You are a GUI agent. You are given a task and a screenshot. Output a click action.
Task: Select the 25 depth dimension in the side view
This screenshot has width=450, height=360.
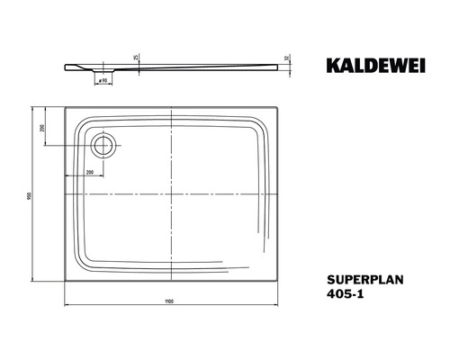tap(134, 58)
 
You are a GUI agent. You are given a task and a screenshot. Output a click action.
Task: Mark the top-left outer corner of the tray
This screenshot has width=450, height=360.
tap(66, 110)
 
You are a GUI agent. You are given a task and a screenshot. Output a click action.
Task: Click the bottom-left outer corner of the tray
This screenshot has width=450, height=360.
tap(66, 280)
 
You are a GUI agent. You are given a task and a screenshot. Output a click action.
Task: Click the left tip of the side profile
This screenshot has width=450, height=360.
tap(66, 65)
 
